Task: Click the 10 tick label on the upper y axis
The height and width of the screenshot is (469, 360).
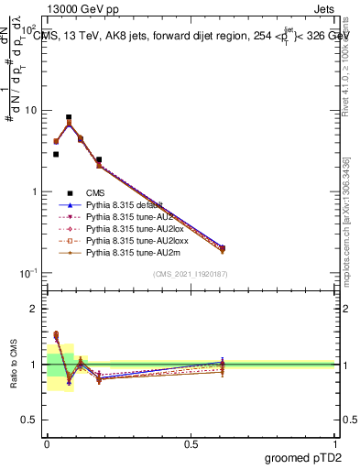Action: click(30, 110)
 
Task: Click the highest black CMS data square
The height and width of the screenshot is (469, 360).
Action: click(69, 117)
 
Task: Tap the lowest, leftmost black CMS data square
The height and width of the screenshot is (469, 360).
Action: click(55, 154)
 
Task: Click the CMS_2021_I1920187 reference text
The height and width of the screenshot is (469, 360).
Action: click(191, 274)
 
